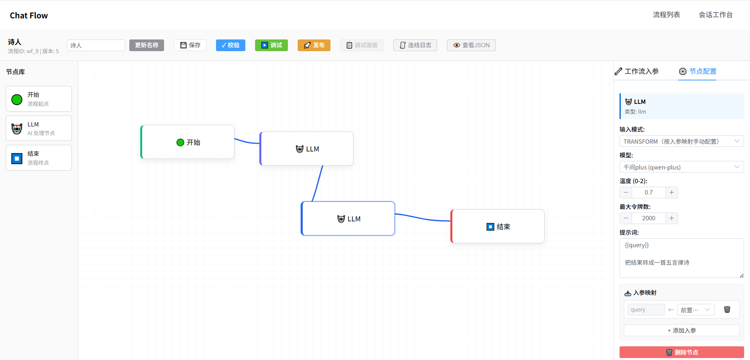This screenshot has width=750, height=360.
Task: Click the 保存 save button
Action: (x=190, y=45)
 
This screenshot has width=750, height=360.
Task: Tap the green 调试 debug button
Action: (x=271, y=45)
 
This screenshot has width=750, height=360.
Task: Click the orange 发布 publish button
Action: (x=314, y=45)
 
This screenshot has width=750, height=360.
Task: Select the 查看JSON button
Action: (x=471, y=45)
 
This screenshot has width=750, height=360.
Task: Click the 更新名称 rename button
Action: (x=146, y=45)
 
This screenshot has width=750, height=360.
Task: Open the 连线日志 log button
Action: (x=415, y=45)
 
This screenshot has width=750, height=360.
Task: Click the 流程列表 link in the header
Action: (x=666, y=15)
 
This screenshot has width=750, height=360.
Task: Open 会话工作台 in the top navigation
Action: (x=716, y=15)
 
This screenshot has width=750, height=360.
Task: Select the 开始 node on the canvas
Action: (x=187, y=142)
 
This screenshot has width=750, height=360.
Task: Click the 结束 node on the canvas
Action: (x=498, y=226)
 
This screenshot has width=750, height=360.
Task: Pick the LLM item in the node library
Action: (x=39, y=128)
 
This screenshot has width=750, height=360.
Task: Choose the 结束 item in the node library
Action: (x=39, y=158)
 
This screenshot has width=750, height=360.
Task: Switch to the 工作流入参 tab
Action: (x=637, y=71)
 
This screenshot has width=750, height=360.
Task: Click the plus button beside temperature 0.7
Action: (x=671, y=192)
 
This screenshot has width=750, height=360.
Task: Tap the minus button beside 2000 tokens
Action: (x=626, y=218)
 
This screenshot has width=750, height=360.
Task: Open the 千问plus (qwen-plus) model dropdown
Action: (x=682, y=167)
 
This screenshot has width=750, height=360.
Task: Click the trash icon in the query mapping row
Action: (x=727, y=310)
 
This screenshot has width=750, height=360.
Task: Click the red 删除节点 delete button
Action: (x=682, y=352)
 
